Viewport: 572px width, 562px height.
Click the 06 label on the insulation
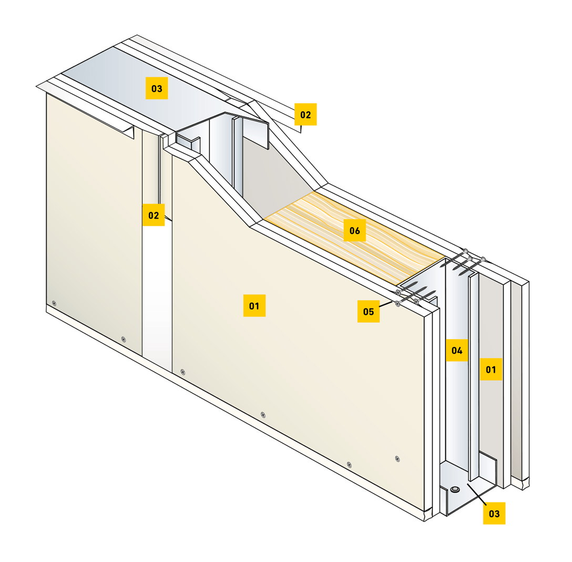(x=354, y=230)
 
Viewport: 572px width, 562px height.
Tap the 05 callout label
(x=369, y=311)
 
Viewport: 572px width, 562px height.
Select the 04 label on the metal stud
(x=457, y=350)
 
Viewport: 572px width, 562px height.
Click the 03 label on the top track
(x=157, y=88)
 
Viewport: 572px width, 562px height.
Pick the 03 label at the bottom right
(x=494, y=514)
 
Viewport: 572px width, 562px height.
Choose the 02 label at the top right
(x=305, y=115)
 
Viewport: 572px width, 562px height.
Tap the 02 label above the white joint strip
(x=154, y=215)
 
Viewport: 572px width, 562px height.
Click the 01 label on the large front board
(x=254, y=305)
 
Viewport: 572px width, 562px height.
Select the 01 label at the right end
(x=491, y=370)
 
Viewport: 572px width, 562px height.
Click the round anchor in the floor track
(x=455, y=489)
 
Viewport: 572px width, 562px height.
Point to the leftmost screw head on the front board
(x=54, y=303)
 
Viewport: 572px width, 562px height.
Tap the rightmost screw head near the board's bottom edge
(x=397, y=459)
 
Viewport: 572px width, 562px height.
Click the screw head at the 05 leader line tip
(x=397, y=303)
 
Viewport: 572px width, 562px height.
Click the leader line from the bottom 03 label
(x=477, y=494)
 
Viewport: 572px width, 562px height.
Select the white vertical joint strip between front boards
(x=157, y=292)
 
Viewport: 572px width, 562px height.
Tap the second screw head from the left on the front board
(x=124, y=340)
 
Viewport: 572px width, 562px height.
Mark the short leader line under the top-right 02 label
(x=301, y=129)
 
